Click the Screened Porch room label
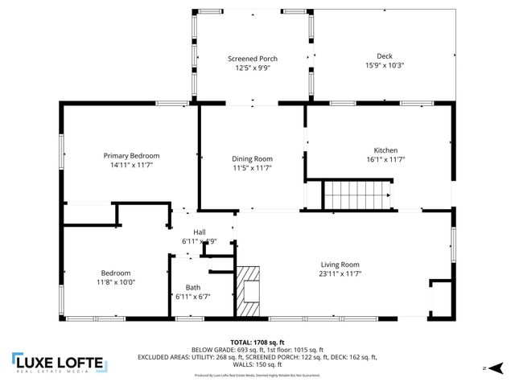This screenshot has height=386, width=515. coord(253,59)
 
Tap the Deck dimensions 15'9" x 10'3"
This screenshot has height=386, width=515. coord(384,66)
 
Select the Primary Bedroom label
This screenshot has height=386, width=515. coord(131,155)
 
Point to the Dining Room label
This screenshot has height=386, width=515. coord(252,158)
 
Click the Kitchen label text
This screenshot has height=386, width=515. coord(385,150)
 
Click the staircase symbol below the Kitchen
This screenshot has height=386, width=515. coord(356,195)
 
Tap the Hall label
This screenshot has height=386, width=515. coord(187,232)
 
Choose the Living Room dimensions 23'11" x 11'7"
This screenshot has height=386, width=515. coord(340,274)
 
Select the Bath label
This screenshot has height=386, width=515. coord(193,287)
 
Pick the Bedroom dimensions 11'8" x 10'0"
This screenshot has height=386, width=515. coord(115,282)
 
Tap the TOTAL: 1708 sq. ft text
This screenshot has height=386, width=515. coord(257,342)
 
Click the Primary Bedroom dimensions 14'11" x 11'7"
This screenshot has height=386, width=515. coord(131,165)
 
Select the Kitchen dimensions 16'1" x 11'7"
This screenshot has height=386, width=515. coord(385,160)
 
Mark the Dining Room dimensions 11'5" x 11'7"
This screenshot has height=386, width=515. coord(252,168)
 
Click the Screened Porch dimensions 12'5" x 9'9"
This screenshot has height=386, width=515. coord(253,68)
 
